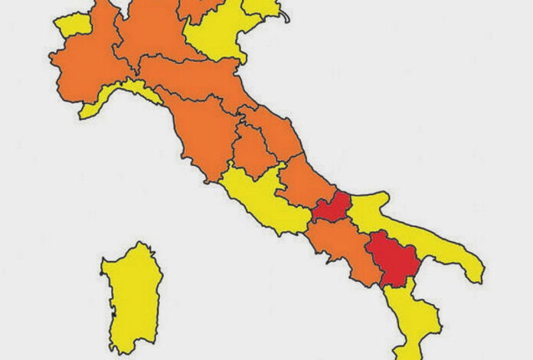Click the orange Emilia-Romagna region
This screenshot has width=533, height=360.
[x=195, y=80]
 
